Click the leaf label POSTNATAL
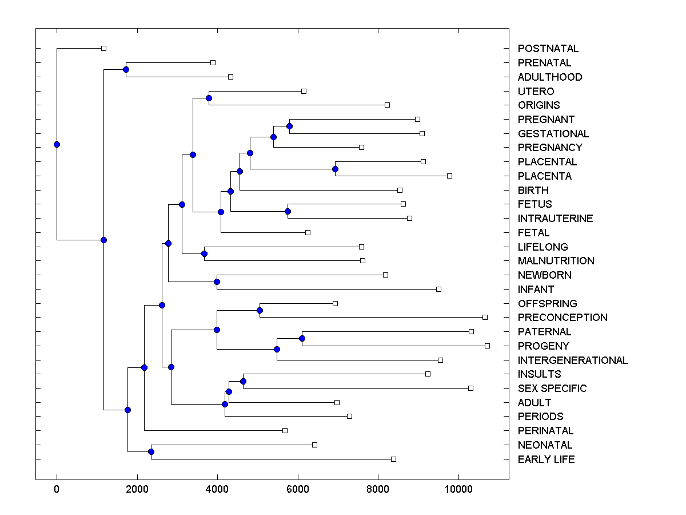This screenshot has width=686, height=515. [548, 49]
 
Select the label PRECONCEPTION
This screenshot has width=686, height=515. [563, 318]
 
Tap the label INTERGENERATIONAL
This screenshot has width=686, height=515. [572, 360]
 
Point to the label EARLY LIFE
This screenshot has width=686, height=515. [546, 459]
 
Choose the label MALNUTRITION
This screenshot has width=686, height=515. [556, 261]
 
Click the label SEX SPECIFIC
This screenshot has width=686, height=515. [552, 389]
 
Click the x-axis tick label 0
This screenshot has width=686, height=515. [57, 489]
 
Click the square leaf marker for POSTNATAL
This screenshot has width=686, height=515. [103, 49]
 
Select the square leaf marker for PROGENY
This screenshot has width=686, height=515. [487, 346]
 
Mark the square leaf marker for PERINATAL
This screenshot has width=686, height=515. [285, 430]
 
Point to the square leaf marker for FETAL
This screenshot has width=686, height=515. [308, 232]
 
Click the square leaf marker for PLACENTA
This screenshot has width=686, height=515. [449, 176]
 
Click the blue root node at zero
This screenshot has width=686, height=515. [57, 144]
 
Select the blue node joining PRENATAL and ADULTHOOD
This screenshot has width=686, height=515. [126, 70]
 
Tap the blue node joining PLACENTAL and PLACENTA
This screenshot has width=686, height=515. [335, 169]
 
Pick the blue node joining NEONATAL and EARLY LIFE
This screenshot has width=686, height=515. [151, 452]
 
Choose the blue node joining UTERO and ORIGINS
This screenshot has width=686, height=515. [209, 98]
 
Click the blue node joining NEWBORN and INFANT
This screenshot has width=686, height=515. [217, 282]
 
